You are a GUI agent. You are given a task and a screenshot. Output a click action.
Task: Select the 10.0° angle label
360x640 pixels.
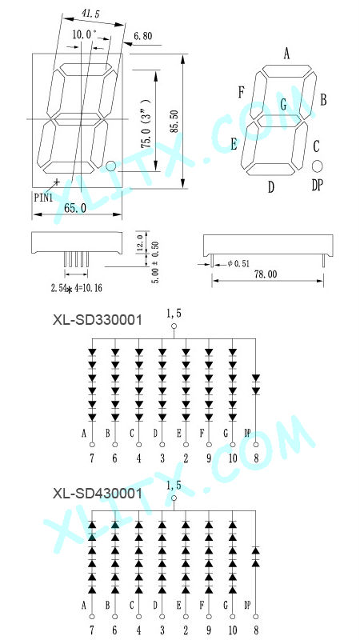pyautogui.click(x=83, y=34)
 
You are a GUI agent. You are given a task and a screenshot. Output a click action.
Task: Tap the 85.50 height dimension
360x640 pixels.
pyautogui.click(x=174, y=122)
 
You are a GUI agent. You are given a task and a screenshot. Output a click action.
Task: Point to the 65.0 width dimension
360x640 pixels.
pyautogui.click(x=75, y=208)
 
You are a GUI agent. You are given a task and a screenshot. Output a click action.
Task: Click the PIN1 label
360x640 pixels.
pyautogui.click(x=43, y=198)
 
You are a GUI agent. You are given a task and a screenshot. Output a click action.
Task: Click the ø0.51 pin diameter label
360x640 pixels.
pyautogui.click(x=238, y=264)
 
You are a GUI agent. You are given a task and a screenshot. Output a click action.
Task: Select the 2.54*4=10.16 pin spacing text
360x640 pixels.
pyautogui.click(x=76, y=289)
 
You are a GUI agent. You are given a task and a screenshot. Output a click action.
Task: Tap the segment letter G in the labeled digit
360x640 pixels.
pyautogui.click(x=283, y=105)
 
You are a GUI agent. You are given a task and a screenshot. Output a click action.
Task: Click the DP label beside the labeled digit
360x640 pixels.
pyautogui.click(x=317, y=186)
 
